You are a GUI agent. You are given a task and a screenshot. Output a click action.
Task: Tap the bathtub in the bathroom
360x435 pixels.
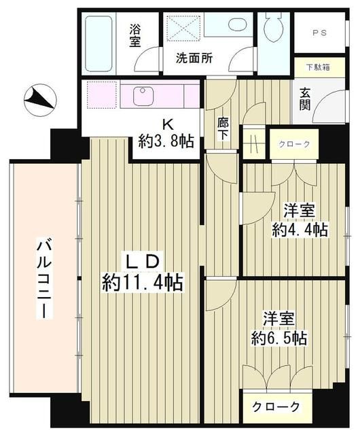[103, 44]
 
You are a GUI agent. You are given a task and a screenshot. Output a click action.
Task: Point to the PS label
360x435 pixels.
[319, 33]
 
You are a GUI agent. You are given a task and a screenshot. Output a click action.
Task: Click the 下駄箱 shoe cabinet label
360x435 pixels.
[317, 68]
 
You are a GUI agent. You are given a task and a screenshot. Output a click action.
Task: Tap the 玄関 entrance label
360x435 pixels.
[305, 99]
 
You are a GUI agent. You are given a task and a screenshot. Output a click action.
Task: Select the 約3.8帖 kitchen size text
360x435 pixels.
[166, 141]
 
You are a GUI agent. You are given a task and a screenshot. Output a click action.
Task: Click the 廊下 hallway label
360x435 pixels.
[222, 129]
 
